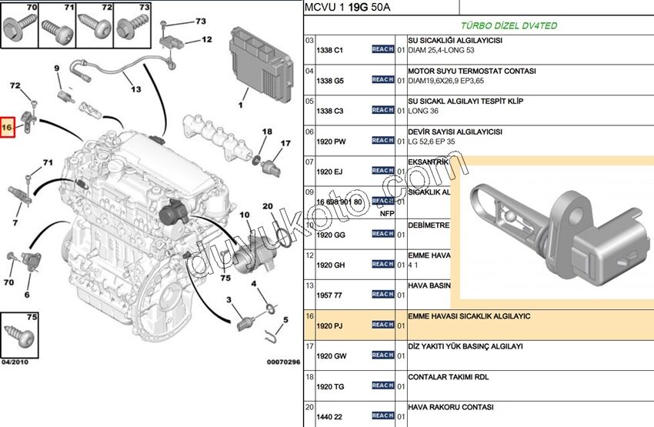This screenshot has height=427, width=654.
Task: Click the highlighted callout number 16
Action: click(x=8, y=126)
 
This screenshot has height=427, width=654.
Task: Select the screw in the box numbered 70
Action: click(x=16, y=28)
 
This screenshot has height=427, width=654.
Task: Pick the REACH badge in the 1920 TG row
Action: click(x=382, y=385)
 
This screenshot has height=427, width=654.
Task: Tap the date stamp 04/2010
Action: click(x=15, y=362)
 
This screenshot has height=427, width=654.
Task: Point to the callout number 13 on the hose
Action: click(x=135, y=89)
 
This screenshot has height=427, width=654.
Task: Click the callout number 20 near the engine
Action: click(x=268, y=206)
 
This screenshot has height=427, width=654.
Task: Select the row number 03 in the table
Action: click(x=309, y=40)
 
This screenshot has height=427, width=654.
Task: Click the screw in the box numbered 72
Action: click(x=96, y=28)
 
